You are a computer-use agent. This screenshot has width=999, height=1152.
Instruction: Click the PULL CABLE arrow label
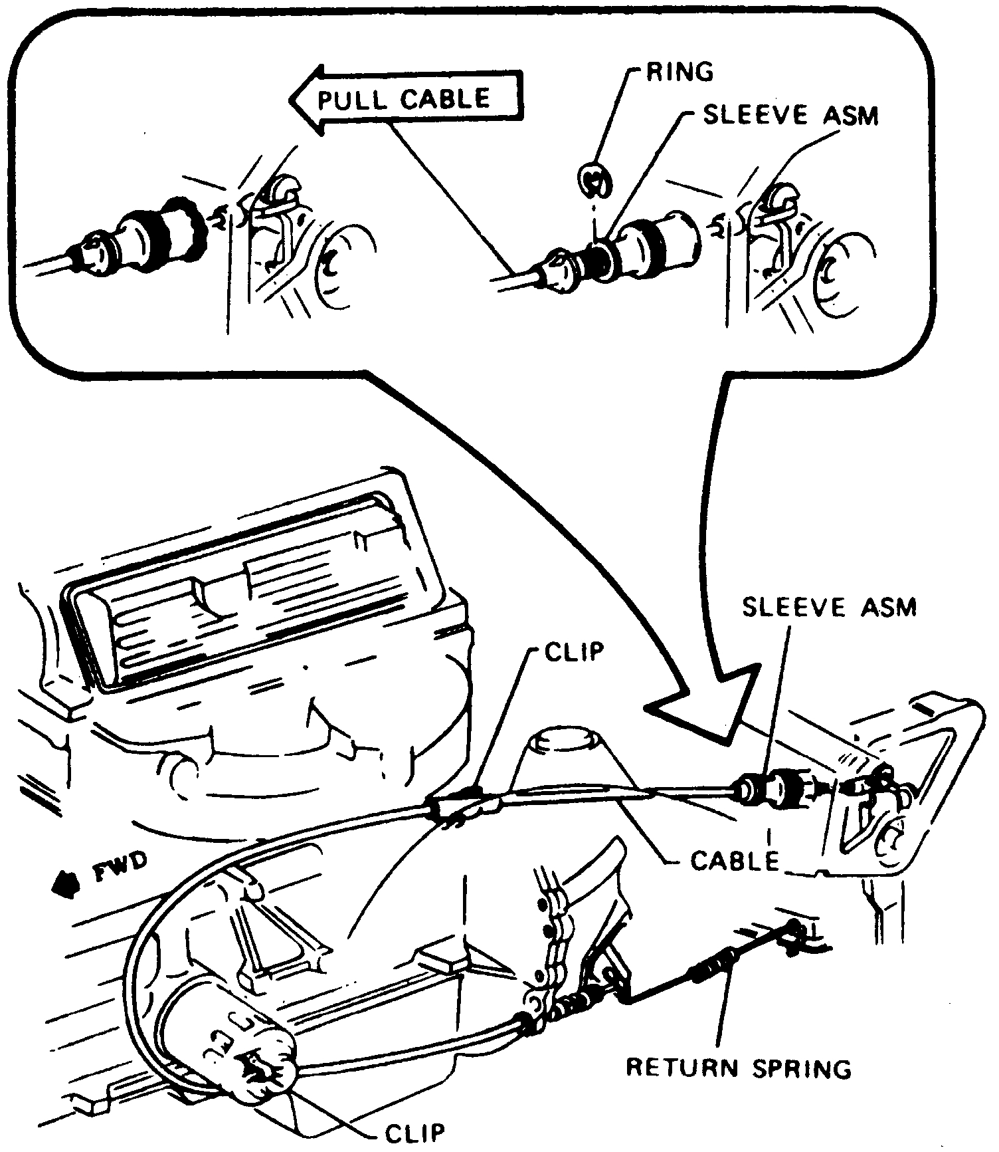pyautogui.click(x=403, y=100)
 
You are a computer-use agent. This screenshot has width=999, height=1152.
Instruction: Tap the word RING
pyautogui.click(x=679, y=70)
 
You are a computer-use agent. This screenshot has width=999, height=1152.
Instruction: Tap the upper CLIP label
pyautogui.click(x=575, y=651)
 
